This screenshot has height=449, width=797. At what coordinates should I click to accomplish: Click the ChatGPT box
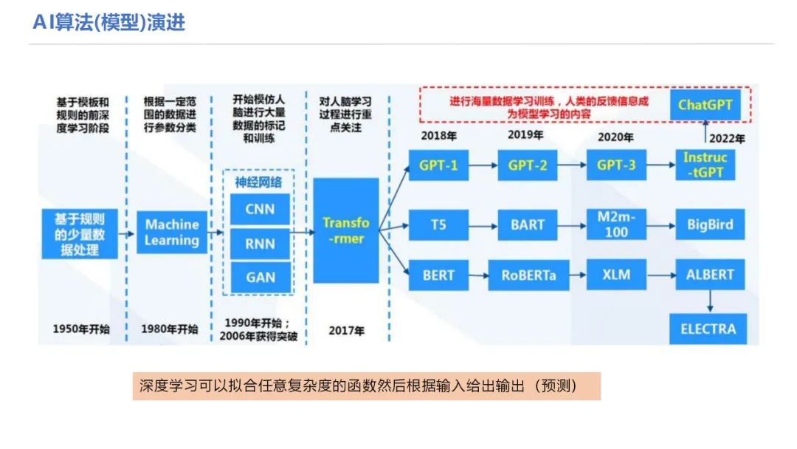tap(706, 105)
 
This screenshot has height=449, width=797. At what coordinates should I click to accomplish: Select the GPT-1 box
tap(438, 165)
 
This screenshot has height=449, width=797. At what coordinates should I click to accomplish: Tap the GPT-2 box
tap(528, 165)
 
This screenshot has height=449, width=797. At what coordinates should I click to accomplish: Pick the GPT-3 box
tap(616, 165)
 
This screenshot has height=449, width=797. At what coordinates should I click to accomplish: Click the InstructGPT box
tap(705, 165)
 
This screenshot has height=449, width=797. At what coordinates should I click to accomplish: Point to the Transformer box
tap(346, 230)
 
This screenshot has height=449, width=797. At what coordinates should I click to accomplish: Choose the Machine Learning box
tap(172, 232)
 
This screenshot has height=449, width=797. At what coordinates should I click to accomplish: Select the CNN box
tap(260, 209)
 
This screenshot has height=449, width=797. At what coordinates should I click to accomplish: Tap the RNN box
tap(260, 243)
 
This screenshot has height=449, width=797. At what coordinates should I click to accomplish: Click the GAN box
tap(260, 278)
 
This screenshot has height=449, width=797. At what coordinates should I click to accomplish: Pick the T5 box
tap(438, 224)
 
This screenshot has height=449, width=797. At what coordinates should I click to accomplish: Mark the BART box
tap(528, 224)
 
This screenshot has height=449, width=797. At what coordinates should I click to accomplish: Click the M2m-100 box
tap(616, 224)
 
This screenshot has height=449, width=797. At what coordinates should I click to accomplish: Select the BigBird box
tap(710, 224)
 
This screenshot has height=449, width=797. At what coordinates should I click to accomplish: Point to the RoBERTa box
tap(528, 275)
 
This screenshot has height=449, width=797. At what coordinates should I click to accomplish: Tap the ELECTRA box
tap(708, 329)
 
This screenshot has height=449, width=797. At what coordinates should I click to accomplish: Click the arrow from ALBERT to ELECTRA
tap(709, 301)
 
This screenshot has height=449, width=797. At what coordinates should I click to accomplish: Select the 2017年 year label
tap(346, 331)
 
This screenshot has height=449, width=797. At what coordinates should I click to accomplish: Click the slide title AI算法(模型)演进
tap(109, 23)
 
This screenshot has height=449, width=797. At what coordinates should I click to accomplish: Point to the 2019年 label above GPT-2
tap(525, 135)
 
